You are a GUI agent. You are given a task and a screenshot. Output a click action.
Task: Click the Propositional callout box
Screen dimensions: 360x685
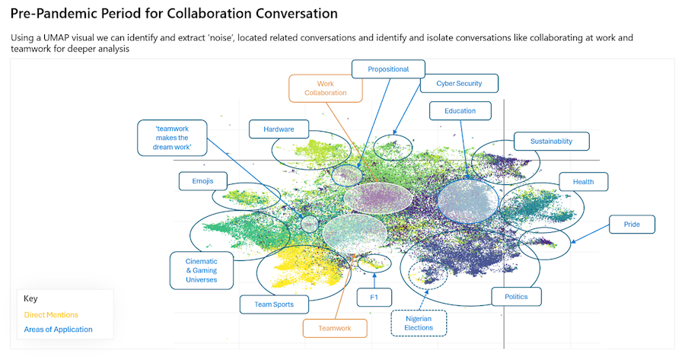(388, 69)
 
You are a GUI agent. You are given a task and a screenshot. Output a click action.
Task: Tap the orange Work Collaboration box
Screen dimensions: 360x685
(325, 88)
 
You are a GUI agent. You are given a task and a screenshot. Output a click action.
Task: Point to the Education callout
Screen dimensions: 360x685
(460, 111)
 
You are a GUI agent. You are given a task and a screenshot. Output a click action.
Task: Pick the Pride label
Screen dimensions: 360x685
(632, 225)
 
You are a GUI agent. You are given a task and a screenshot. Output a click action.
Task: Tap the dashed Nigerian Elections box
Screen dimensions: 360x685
(419, 323)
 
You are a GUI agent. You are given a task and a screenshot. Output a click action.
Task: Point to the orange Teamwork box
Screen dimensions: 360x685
(335, 328)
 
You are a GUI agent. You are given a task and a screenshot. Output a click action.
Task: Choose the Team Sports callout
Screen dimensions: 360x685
(263, 305)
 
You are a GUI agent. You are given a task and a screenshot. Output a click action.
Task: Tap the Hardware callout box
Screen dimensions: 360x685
(278, 129)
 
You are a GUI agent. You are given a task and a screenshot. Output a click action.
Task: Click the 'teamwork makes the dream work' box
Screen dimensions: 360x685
(172, 138)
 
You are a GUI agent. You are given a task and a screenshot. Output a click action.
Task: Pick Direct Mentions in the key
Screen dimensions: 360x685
(51, 314)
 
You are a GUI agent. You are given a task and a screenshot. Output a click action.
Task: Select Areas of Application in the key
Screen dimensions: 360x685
(58, 330)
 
